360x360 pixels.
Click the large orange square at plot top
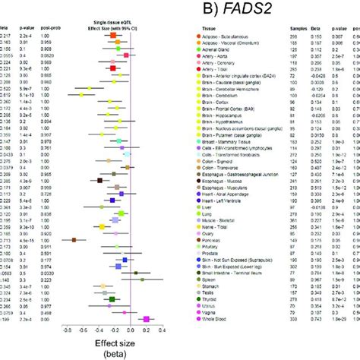[112, 35]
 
